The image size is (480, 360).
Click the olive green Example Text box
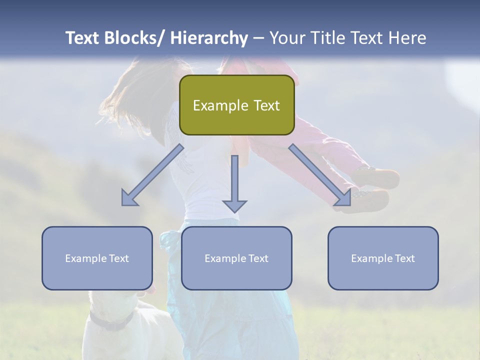click(236, 105)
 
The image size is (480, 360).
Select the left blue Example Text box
click(97, 258)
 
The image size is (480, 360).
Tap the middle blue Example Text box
click(236, 258)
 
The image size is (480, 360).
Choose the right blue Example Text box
click(383, 258)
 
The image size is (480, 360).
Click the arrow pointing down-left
click(152, 175)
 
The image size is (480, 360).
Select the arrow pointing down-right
click(320, 175)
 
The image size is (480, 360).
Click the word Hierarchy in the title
click(209, 38)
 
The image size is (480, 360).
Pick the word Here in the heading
click(407, 38)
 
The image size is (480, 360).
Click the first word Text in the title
click(83, 38)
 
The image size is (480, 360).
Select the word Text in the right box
click(405, 258)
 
